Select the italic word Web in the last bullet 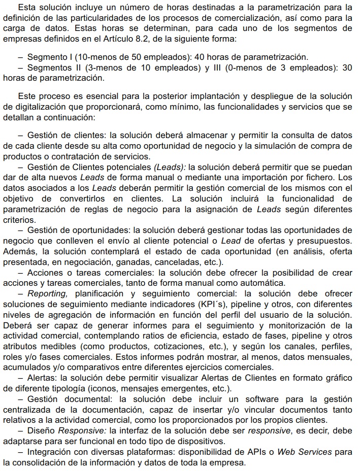click(286, 452)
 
